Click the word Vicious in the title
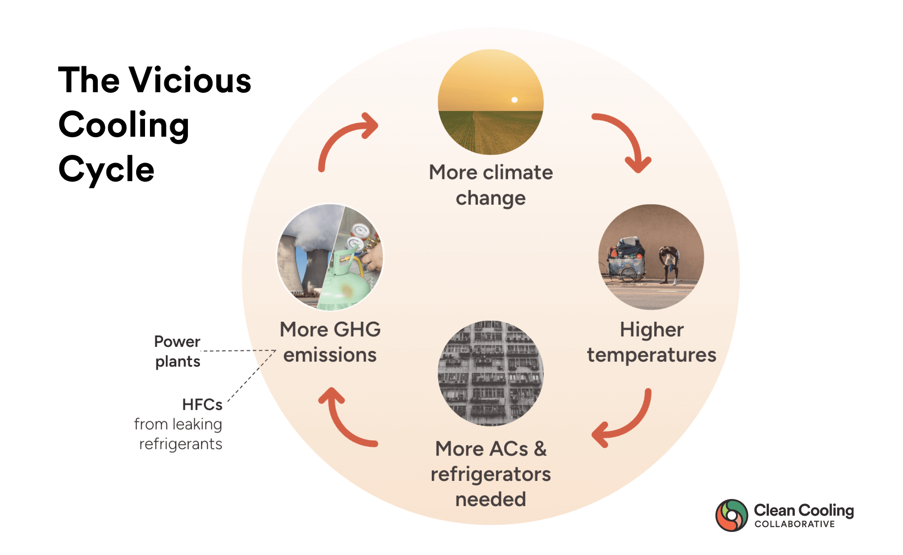(x=190, y=80)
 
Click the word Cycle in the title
(x=107, y=170)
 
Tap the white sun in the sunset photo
(x=514, y=100)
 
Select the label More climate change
(x=490, y=185)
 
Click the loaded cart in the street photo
(x=625, y=260)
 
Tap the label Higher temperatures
(x=651, y=343)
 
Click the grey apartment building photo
(x=490, y=373)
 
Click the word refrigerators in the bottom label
(x=490, y=474)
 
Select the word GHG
(x=357, y=329)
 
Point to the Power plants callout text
(x=177, y=351)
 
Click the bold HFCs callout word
(x=202, y=405)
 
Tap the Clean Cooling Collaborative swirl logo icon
(x=732, y=515)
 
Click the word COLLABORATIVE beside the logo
(x=795, y=524)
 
